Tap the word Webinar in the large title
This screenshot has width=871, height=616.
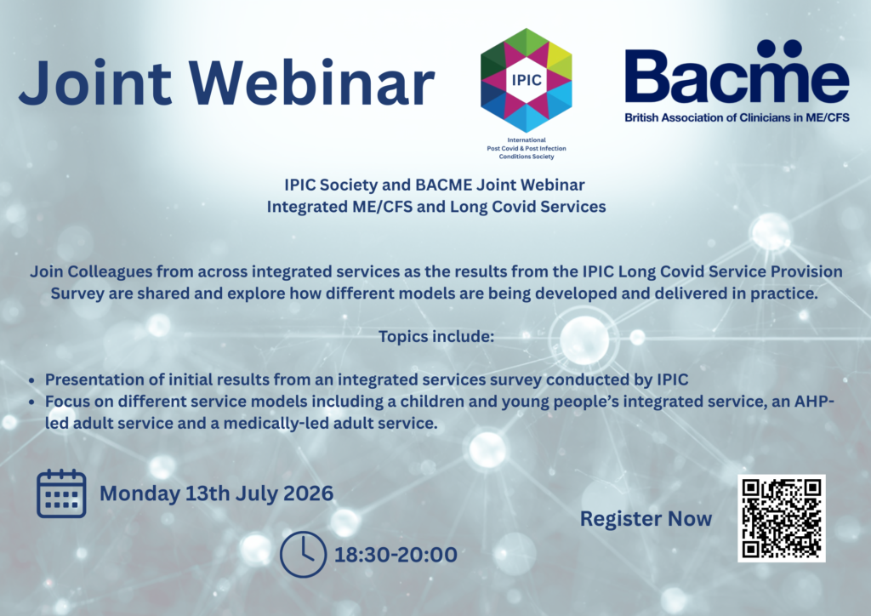pos(311,83)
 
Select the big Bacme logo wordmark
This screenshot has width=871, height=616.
pos(737,71)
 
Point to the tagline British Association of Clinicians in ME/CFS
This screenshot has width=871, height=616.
pos(737,117)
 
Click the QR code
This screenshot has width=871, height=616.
pos(781,517)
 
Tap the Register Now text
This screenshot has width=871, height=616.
pos(646,518)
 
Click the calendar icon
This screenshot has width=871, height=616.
pos(61,493)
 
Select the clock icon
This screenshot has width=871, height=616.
pos(303,555)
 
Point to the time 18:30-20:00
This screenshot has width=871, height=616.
pos(396,555)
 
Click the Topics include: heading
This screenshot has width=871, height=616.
pos(436,337)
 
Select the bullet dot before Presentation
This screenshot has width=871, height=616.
pos(32,380)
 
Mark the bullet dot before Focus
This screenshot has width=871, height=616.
pos(32,402)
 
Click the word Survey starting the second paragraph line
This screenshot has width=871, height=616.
pos(77,294)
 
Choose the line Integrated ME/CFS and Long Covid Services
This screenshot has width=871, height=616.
pos(436,207)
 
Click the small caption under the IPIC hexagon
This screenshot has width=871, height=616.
pos(526,148)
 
